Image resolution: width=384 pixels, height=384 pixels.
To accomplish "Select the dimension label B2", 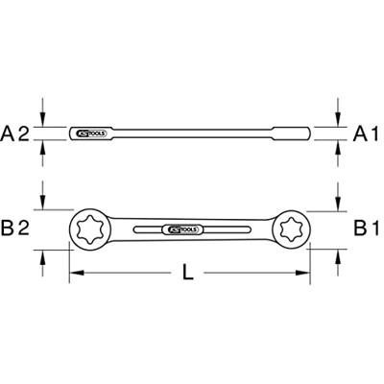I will [x=20, y=228].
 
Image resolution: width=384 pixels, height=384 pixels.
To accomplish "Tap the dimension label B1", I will [x=364, y=228].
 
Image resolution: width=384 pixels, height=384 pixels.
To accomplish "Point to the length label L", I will [x=188, y=274].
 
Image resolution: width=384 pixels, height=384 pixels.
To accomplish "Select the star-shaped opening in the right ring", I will [x=291, y=228].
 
